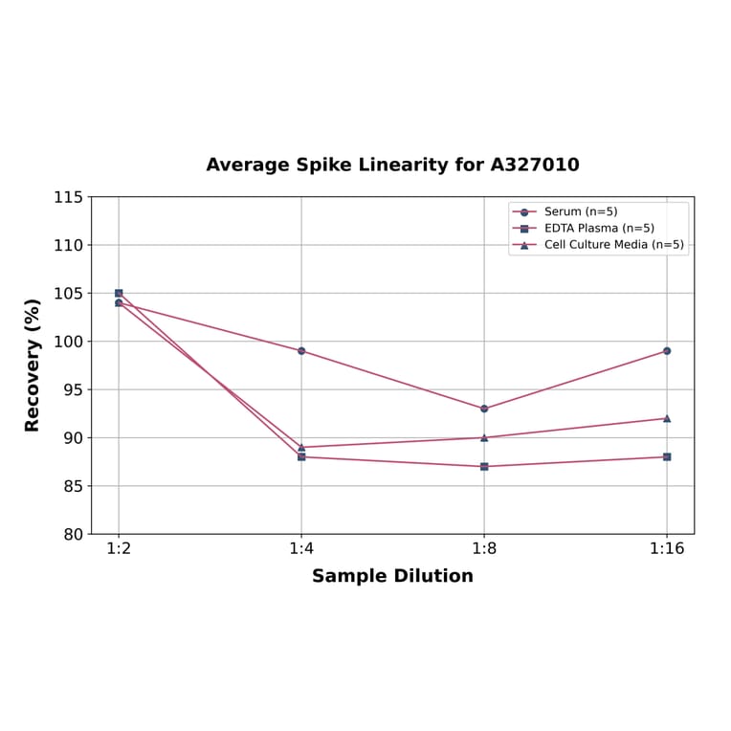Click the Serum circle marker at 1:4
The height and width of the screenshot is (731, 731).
coord(301,351)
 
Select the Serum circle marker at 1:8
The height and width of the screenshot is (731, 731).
coord(484,409)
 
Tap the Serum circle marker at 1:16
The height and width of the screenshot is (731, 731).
coord(667,351)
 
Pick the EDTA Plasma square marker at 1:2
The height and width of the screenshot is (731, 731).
coord(119,293)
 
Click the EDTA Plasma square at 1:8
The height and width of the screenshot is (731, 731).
coord(484,467)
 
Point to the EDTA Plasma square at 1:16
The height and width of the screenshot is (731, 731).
coord(667,457)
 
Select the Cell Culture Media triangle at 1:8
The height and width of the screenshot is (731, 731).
coord(484,437)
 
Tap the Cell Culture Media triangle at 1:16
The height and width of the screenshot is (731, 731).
coord(667,418)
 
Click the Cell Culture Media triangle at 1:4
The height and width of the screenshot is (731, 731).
coord(301,447)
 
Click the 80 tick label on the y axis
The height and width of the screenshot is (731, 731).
coord(73,534)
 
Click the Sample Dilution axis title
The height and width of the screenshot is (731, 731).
coord(392,576)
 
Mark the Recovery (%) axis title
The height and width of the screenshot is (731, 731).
coord(33,365)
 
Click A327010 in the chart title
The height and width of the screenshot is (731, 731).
coord(535,165)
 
